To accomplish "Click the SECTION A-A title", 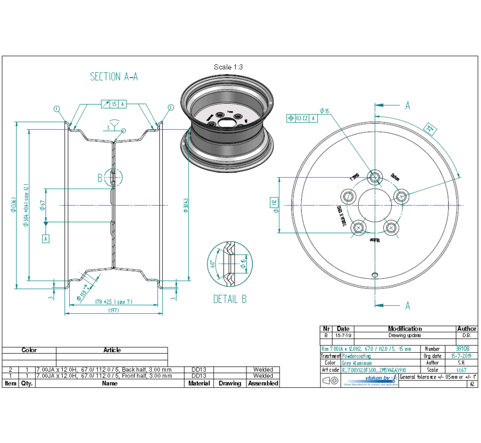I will (x=114, y=77).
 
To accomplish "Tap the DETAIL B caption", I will (x=230, y=299).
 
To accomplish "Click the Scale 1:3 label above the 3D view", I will (x=228, y=67).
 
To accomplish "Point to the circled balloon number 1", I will (x=57, y=108).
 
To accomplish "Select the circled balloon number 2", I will (x=171, y=108).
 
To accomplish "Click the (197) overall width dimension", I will (x=113, y=310).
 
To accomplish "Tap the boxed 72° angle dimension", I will (x=430, y=130).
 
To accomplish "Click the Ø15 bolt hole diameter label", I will (x=324, y=111).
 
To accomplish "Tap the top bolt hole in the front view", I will (x=373, y=177).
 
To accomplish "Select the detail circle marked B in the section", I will (x=113, y=177).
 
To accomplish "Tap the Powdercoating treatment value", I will (x=357, y=356).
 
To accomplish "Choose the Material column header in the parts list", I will (x=199, y=383).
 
